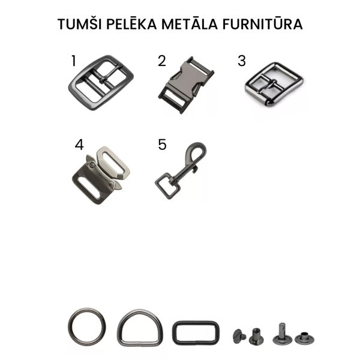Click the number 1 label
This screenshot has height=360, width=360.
(x=74, y=61)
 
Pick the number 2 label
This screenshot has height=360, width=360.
(x=162, y=61)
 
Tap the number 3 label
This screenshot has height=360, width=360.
(x=242, y=61)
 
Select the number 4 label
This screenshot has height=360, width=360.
(x=79, y=145)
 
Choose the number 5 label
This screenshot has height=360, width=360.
(x=162, y=145)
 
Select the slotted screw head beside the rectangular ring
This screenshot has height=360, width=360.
(x=239, y=337)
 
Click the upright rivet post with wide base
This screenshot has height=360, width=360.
(x=283, y=334)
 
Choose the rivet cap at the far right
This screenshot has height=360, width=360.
(x=304, y=338)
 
